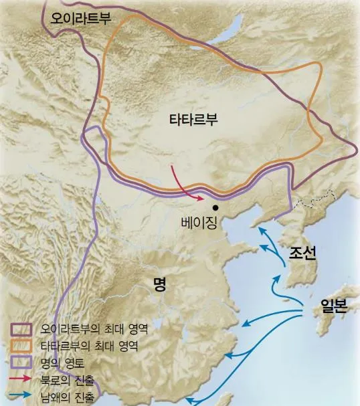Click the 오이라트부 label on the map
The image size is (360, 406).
[79, 18]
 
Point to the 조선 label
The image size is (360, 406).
[302, 253]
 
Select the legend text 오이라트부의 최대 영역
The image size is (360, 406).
[94, 329]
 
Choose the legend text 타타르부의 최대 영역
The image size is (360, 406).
[90, 346]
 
